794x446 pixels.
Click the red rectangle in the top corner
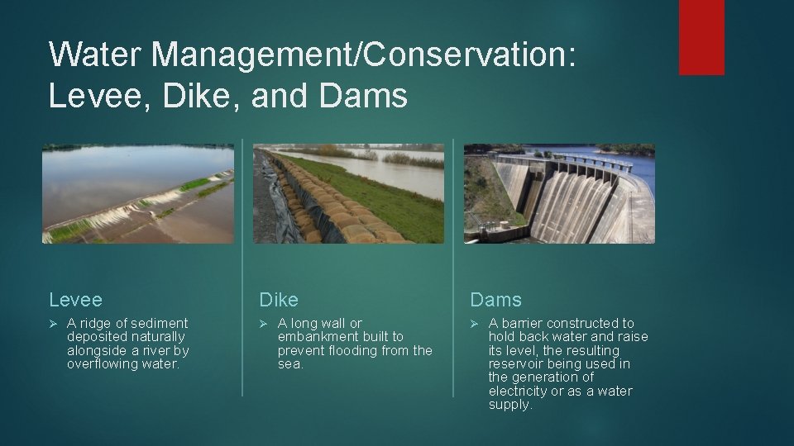point(701,37)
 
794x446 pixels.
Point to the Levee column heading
point(75,299)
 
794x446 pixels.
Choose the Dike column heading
point(279,299)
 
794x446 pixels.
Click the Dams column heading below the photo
point(496,299)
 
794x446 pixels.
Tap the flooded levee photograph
point(138,194)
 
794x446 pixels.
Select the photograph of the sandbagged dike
point(348,194)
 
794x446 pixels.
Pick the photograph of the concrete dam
point(559,194)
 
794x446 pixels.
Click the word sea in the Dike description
point(290,364)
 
